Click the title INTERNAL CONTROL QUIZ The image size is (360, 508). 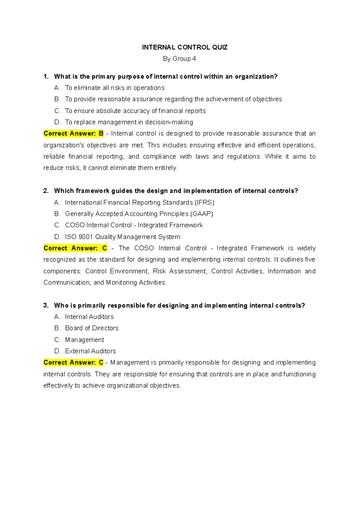click(x=184, y=47)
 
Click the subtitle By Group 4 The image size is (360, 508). click(x=179, y=59)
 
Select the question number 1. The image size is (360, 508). click(x=46, y=76)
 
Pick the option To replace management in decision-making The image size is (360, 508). click(x=129, y=122)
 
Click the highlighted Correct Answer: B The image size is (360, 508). click(x=73, y=133)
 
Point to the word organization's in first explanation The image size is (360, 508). click(x=63, y=145)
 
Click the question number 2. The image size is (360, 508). click(x=46, y=191)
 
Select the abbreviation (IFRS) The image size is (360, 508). click(x=204, y=203)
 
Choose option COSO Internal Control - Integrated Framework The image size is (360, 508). click(x=134, y=225)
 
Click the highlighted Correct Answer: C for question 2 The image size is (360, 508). click(x=75, y=248)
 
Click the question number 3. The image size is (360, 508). click(x=46, y=306)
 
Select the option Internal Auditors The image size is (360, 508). click(x=89, y=317)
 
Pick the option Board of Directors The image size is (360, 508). click(x=91, y=328)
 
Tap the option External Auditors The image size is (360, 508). click(x=90, y=351)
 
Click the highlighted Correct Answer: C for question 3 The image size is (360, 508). click(x=73, y=363)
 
